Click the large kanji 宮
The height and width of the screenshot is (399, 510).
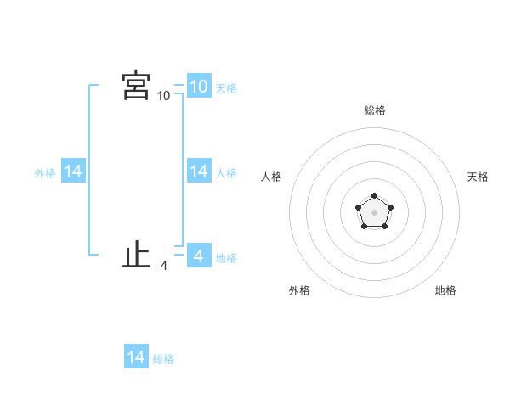click(136, 86)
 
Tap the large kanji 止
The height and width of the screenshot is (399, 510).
click(136, 255)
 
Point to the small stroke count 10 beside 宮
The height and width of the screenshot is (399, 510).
click(163, 96)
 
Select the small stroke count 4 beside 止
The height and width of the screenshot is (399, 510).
click(163, 266)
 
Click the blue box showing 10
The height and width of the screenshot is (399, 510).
click(198, 86)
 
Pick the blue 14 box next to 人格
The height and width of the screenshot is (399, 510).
click(198, 171)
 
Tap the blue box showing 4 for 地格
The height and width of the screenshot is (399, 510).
click(198, 256)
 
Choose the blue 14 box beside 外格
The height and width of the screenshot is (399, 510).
click(73, 171)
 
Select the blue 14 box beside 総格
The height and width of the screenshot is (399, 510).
click(136, 357)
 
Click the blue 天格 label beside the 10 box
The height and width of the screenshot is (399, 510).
click(226, 87)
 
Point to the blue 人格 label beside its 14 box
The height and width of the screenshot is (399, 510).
click(226, 173)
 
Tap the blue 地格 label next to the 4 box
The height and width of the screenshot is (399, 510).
click(226, 257)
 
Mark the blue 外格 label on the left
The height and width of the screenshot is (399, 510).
click(45, 173)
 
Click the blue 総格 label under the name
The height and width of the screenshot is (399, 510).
click(163, 359)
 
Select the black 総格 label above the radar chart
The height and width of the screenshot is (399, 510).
click(374, 110)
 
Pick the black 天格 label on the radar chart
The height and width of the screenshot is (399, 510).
click(478, 177)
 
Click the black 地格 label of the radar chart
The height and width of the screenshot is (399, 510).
click(445, 290)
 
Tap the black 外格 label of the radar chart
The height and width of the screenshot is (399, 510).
click(299, 290)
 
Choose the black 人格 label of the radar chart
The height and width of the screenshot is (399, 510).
click(271, 177)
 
